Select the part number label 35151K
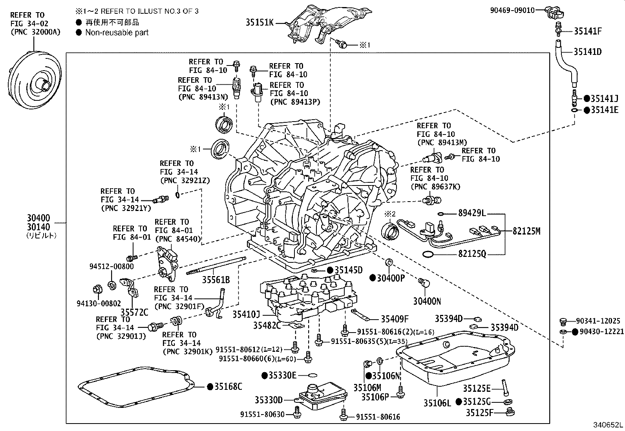pyautogui.click(x=259, y=22)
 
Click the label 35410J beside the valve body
pyautogui.click(x=246, y=315)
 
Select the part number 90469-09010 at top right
pyautogui.click(x=512, y=11)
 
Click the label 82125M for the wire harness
pyautogui.click(x=526, y=231)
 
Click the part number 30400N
pyautogui.click(x=427, y=301)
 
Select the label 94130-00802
pyautogui.click(x=99, y=303)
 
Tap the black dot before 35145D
pyautogui.click(x=330, y=270)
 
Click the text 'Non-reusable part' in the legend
pyautogui.click(x=117, y=33)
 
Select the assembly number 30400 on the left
pyautogui.click(x=38, y=218)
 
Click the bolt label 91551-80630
pyautogui.click(x=263, y=414)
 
